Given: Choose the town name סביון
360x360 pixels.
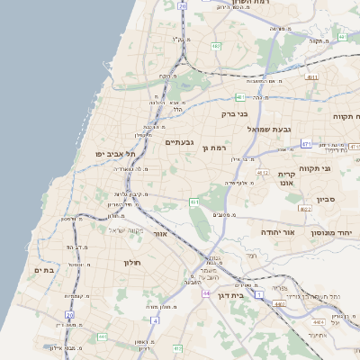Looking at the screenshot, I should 326,200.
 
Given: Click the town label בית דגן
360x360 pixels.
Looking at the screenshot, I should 232,295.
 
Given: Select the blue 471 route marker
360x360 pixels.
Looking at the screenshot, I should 306,144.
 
